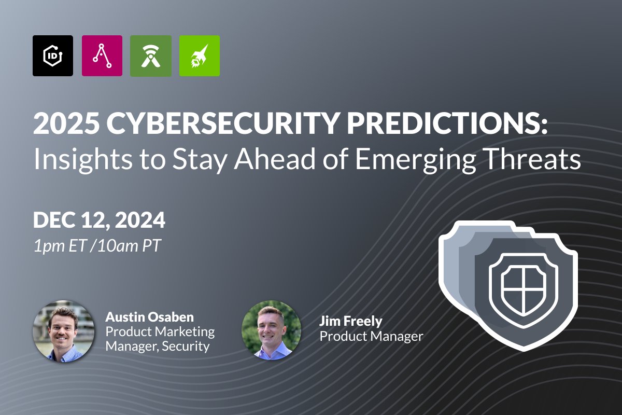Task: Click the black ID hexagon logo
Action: click(x=53, y=56)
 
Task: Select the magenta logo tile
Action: click(x=102, y=56)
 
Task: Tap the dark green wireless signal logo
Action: click(x=151, y=56)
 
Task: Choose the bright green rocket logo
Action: click(x=200, y=56)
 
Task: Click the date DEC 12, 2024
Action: click(x=99, y=220)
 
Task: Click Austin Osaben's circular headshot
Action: click(x=64, y=330)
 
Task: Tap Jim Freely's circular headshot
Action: click(x=272, y=330)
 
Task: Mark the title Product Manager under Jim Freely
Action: click(x=371, y=336)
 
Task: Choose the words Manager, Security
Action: click(x=158, y=346)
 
